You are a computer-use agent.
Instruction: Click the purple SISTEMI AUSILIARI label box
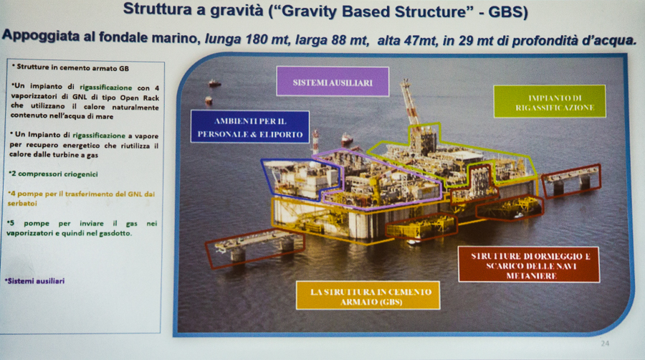tap(333, 82)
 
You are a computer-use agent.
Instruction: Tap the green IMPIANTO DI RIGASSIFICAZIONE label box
tap(550, 102)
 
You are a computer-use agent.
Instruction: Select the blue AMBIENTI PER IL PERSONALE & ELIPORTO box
tap(249, 127)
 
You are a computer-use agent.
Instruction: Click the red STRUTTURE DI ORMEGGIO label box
tap(529, 265)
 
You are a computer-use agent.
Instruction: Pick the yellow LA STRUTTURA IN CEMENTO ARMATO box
tap(368, 296)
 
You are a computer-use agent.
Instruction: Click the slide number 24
tap(605, 343)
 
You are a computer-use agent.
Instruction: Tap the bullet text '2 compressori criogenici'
tap(53, 174)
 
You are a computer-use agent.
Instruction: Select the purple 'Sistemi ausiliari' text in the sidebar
tap(35, 281)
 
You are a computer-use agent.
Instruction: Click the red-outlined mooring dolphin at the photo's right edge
tap(571, 180)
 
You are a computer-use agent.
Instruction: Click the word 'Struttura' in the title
tap(158, 9)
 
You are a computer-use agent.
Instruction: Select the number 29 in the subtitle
tap(473, 41)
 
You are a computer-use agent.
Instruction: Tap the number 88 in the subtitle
tap(335, 40)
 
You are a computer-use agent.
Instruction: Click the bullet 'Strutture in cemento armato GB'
tap(70, 67)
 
